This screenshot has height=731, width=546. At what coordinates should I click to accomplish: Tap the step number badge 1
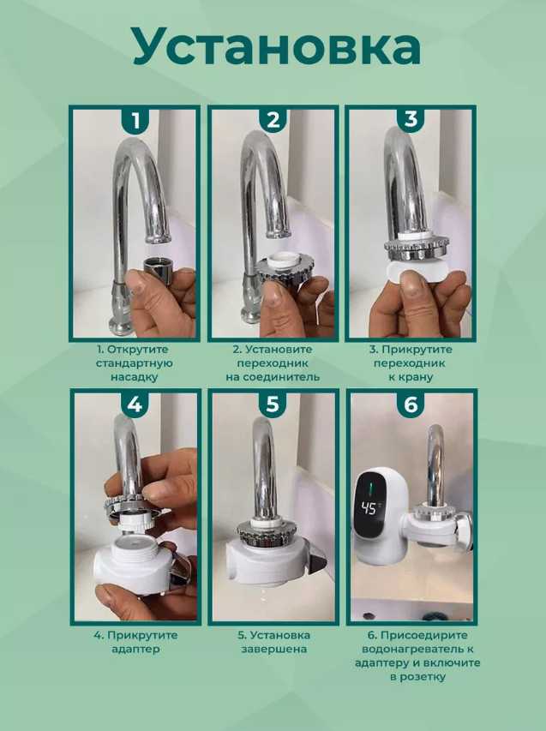pyautogui.click(x=135, y=121)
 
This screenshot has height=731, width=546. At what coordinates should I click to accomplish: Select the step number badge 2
pyautogui.click(x=273, y=121)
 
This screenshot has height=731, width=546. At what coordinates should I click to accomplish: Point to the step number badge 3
pyautogui.click(x=411, y=120)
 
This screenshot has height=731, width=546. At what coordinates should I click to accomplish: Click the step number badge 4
pyautogui.click(x=135, y=404)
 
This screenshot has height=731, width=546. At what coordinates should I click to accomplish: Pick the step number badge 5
pyautogui.click(x=273, y=404)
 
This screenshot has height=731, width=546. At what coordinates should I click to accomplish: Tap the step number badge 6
pyautogui.click(x=411, y=404)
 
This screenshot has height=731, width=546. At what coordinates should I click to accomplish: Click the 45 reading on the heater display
pyautogui.click(x=369, y=508)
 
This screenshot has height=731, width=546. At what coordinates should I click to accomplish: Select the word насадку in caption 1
pyautogui.click(x=135, y=377)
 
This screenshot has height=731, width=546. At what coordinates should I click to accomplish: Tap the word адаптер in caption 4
pyautogui.click(x=135, y=649)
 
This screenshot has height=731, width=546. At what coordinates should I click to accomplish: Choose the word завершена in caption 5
pyautogui.click(x=273, y=649)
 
